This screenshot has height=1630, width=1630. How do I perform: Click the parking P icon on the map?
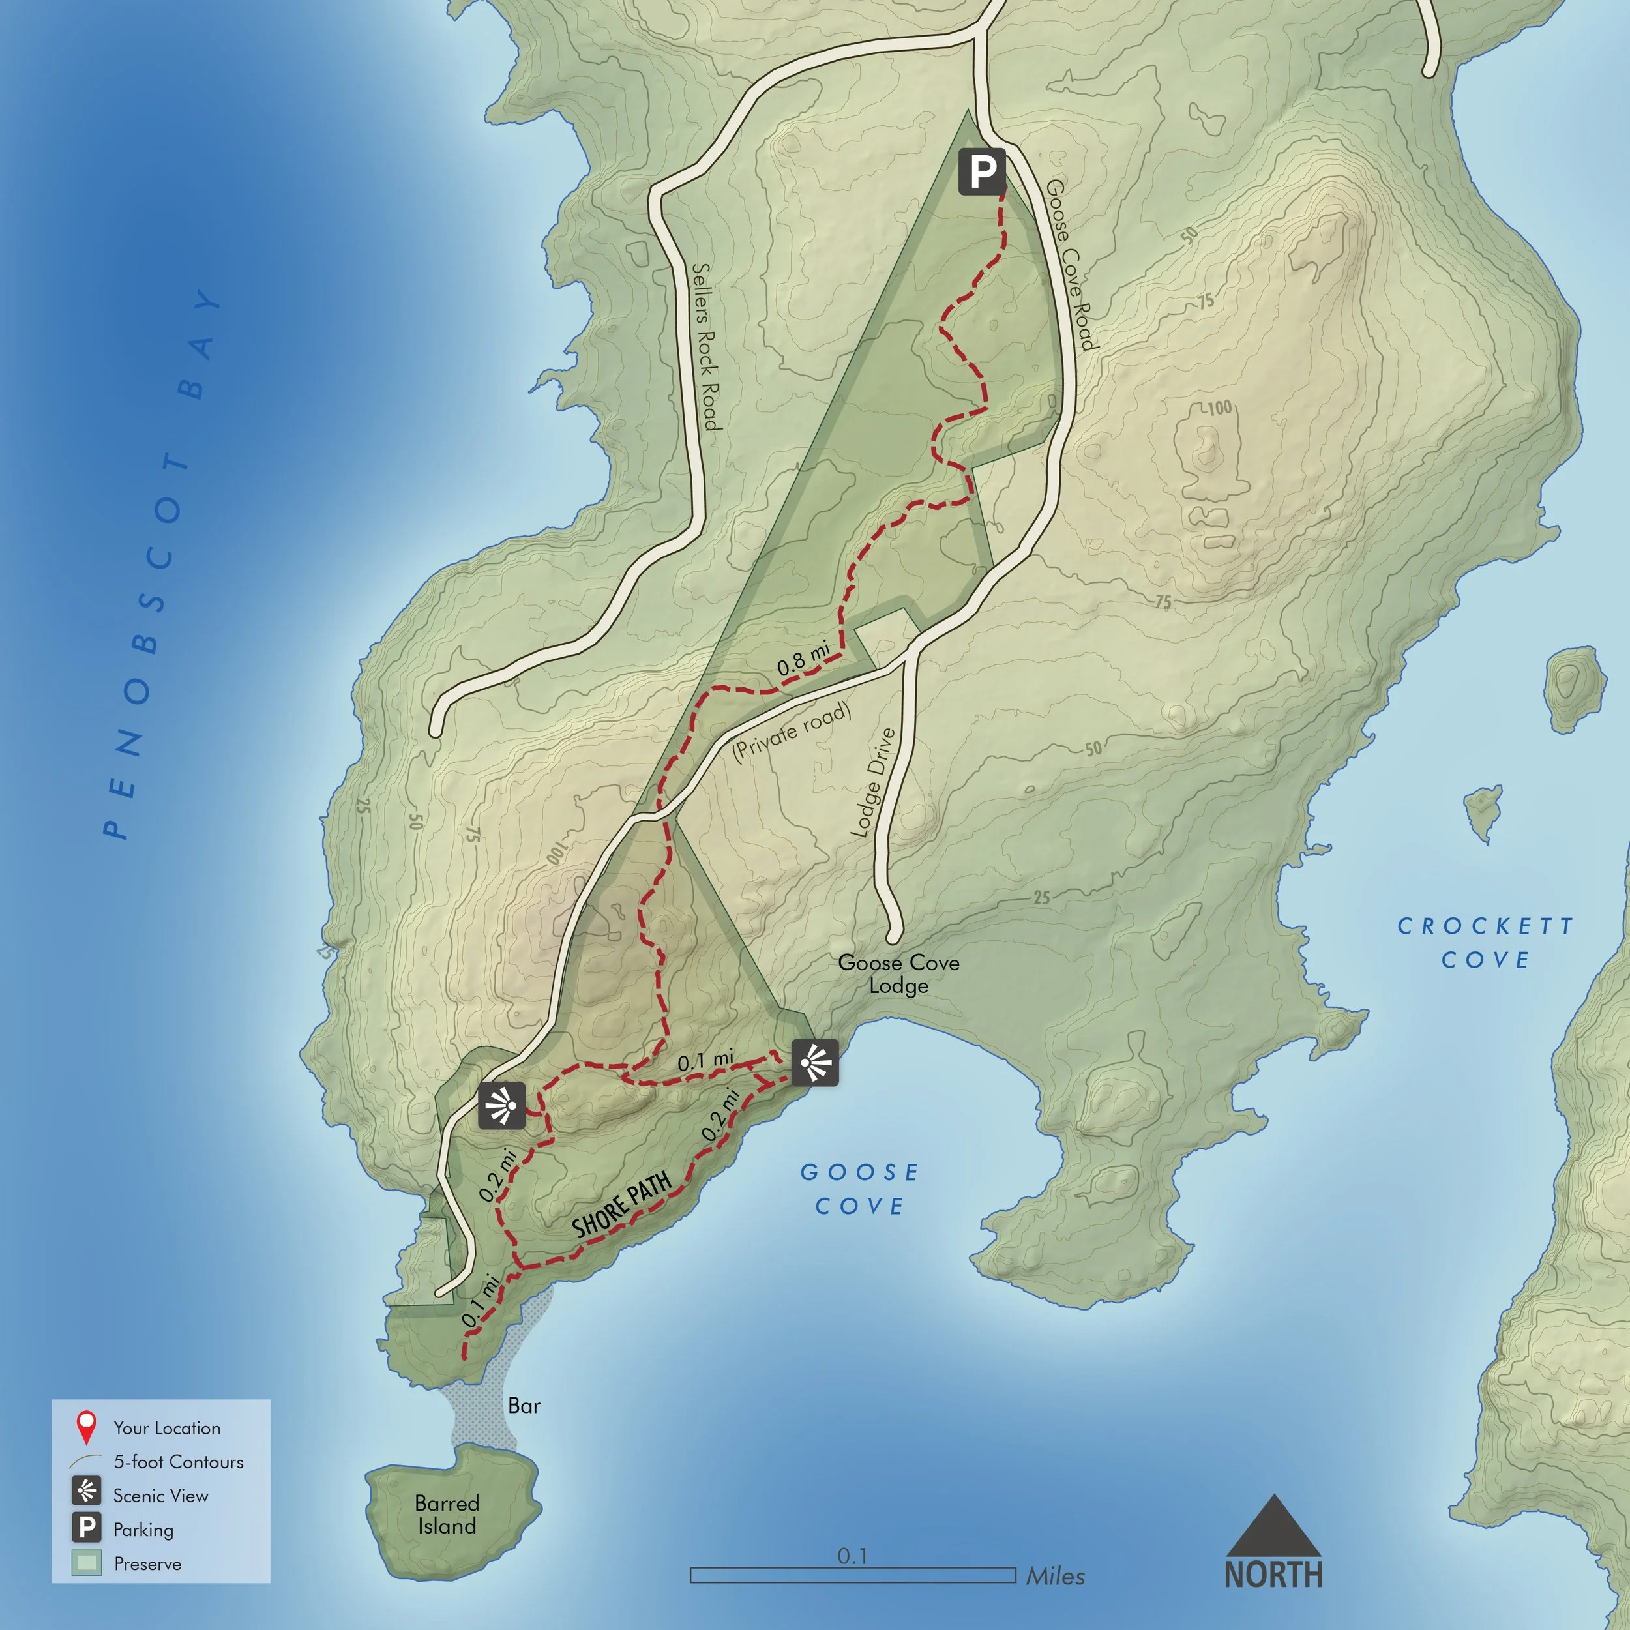[982, 171]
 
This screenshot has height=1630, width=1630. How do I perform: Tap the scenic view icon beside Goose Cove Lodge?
[815, 1062]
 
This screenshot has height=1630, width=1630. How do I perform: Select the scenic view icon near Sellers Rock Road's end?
[502, 1105]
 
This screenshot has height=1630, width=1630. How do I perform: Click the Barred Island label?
[447, 1515]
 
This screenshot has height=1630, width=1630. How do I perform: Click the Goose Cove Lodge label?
[898, 973]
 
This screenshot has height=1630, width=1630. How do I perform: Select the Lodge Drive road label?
[872, 783]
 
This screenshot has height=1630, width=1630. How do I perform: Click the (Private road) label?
[792, 732]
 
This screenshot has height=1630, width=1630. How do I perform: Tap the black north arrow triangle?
[1273, 1528]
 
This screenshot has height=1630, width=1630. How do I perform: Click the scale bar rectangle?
[853, 1575]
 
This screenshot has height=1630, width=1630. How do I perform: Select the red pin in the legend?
[86, 1427]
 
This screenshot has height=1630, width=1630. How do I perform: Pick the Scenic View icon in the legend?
[87, 1494]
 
